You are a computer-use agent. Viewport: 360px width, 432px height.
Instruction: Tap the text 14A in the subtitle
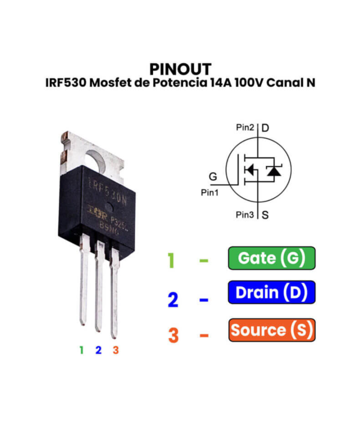point(220,83)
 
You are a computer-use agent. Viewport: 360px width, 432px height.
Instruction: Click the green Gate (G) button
point(272,258)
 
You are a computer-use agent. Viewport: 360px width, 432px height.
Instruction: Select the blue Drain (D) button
point(272,292)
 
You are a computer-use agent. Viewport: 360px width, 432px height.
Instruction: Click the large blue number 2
point(173,300)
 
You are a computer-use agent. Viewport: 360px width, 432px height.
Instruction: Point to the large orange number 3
point(173,334)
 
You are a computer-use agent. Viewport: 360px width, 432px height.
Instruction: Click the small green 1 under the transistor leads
point(81,350)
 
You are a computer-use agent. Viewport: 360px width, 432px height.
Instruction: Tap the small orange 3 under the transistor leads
point(116,350)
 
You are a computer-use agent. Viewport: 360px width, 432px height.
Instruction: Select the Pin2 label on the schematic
point(245,127)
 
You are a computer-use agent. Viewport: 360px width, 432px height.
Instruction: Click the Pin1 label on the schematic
point(210,193)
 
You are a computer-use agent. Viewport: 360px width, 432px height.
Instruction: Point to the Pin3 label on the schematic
point(245,215)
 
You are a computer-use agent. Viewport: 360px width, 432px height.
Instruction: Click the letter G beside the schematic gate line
point(213,177)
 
